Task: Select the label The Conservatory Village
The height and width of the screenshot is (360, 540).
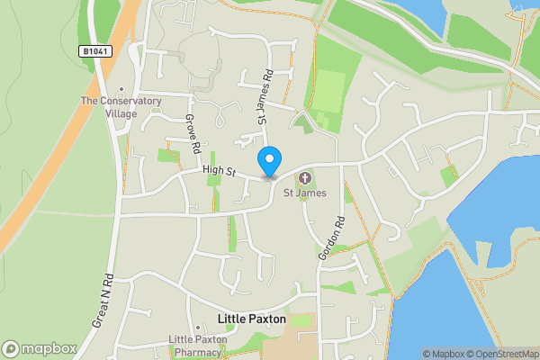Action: coord(121,107)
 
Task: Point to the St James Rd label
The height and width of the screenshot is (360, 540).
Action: coord(265,97)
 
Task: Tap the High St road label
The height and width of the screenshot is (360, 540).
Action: coord(219,170)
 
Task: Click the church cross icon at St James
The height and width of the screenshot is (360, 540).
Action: coord(304,177)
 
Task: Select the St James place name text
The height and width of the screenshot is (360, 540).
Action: coord(304,193)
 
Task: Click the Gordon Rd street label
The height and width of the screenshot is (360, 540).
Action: coord(330,238)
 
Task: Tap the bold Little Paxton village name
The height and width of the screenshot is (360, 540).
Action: coord(252,319)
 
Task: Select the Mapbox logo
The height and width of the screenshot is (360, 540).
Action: coord(39,348)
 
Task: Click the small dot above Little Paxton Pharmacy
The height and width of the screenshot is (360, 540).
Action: coord(197,328)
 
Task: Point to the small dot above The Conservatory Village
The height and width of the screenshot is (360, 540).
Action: coord(120,90)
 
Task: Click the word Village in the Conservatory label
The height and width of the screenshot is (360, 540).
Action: coord(121,113)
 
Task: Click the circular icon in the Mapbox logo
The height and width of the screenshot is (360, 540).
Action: coord(11,348)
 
